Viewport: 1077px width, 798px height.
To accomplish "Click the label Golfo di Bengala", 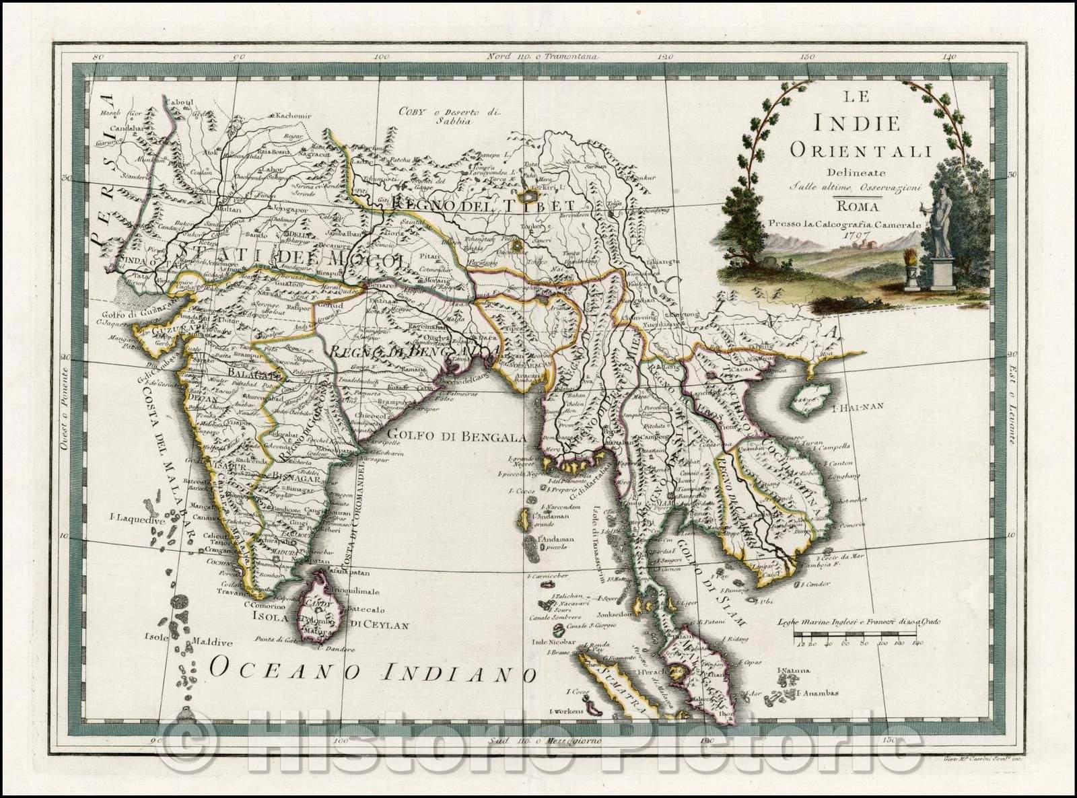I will pyautogui.click(x=456, y=437).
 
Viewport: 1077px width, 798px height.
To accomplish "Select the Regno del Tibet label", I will pyautogui.click(x=483, y=205).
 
